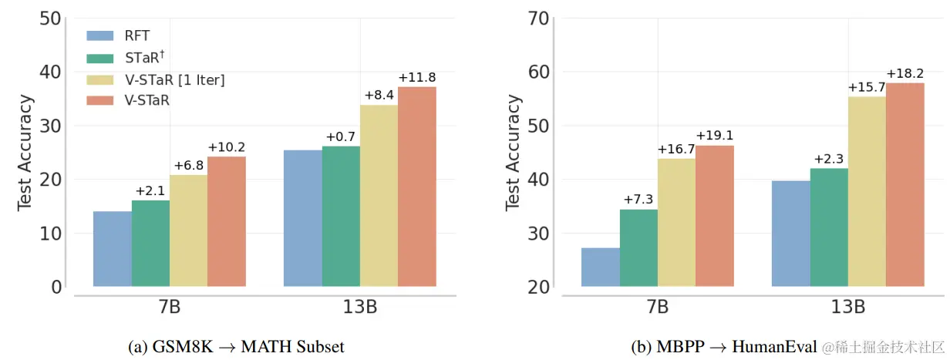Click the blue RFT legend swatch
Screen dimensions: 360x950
point(100,35)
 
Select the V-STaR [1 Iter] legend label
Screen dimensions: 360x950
point(175,79)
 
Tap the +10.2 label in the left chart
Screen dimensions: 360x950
point(227,147)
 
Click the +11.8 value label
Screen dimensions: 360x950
point(417,77)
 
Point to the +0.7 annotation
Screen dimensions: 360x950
point(341,136)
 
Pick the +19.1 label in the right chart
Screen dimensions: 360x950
point(715,136)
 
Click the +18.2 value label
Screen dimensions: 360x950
point(905,73)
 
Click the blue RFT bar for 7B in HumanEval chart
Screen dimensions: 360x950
point(601,267)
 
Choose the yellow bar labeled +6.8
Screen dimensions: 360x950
point(189,230)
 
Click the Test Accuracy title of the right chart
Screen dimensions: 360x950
point(514,153)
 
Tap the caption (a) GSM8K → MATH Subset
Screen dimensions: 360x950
point(235,347)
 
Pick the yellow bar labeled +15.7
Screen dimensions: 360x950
point(867,191)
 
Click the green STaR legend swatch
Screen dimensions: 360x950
point(100,57)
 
